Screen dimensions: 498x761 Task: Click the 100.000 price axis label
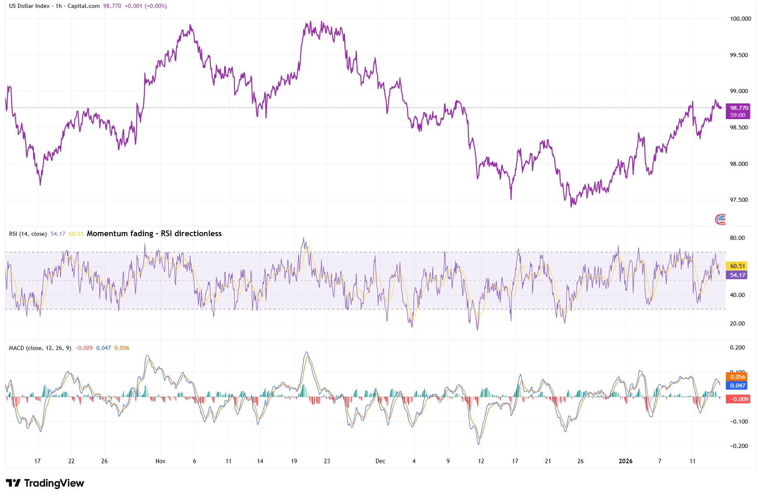pyautogui.click(x=740, y=19)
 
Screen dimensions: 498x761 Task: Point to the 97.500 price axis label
pyautogui.click(x=739, y=200)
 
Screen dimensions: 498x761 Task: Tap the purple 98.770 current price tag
pyautogui.click(x=739, y=108)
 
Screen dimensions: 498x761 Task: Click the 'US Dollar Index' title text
pyautogui.click(x=29, y=6)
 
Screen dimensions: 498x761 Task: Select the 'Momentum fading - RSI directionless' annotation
pyautogui.click(x=154, y=234)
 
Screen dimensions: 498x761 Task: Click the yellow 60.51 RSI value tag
pyautogui.click(x=737, y=266)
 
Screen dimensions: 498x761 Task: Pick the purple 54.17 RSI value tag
pyautogui.click(x=737, y=275)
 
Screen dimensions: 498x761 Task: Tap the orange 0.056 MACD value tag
pyautogui.click(x=737, y=377)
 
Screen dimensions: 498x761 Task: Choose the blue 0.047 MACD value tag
pyautogui.click(x=737, y=385)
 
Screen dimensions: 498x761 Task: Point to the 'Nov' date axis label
pyautogui.click(x=160, y=461)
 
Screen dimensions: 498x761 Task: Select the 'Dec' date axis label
pyautogui.click(x=380, y=461)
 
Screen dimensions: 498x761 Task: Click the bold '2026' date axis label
pyautogui.click(x=625, y=461)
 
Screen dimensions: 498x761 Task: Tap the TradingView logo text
pyautogui.click(x=45, y=483)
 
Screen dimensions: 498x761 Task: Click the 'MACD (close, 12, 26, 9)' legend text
pyautogui.click(x=40, y=348)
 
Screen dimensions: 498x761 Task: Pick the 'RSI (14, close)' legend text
pyautogui.click(x=28, y=234)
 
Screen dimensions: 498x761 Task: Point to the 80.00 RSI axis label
pyautogui.click(x=737, y=238)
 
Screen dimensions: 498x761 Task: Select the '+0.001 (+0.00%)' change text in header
pyautogui.click(x=146, y=6)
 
